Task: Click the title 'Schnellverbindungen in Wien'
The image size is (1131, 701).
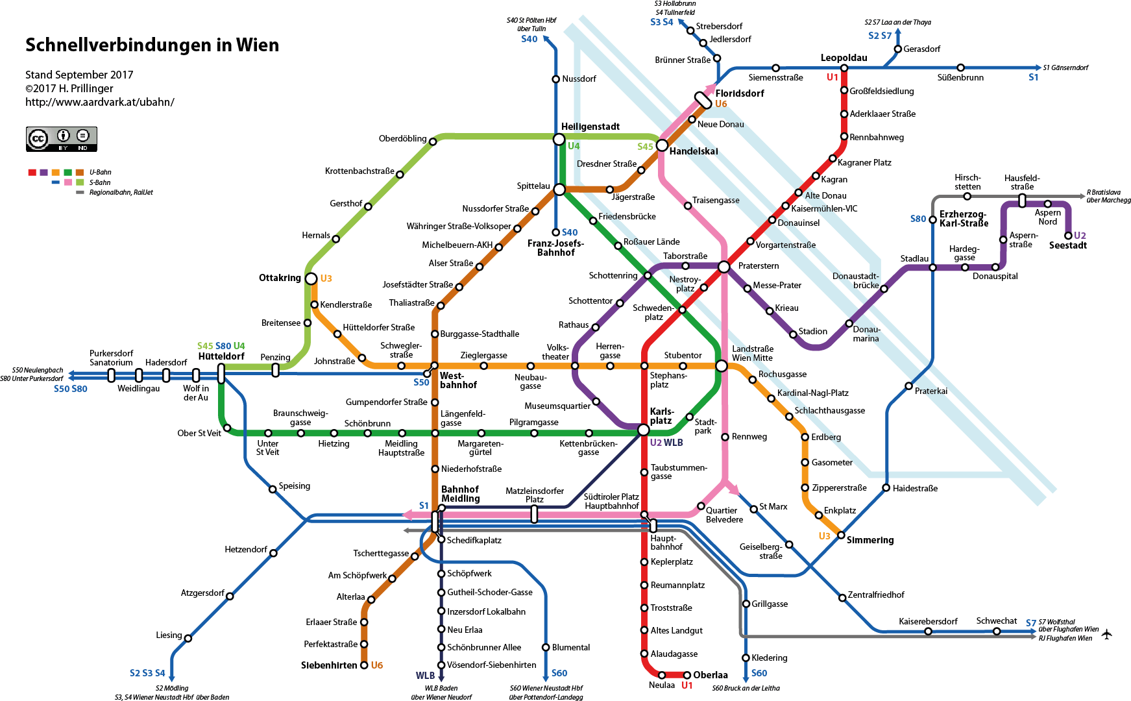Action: (152, 45)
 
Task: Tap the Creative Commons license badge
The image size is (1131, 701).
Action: (62, 139)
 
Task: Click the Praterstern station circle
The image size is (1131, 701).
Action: (724, 266)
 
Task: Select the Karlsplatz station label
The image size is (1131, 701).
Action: (662, 416)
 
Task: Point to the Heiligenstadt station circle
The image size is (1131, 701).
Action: (559, 140)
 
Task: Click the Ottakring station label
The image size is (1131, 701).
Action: (280, 278)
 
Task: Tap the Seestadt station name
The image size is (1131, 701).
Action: (1068, 245)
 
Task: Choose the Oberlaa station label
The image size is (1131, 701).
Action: (711, 675)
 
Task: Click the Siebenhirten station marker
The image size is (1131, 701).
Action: (364, 665)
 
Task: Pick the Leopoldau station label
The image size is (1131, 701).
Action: (844, 58)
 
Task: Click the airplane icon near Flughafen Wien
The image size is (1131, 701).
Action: (1106, 633)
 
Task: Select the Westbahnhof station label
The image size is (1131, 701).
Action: (458, 380)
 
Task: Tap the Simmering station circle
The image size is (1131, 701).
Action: (841, 535)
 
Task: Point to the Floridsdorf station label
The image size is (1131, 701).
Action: (740, 93)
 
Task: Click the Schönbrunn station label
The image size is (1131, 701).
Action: (367, 423)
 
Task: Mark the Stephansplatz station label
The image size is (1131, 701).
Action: (668, 380)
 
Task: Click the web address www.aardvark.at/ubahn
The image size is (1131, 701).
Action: (100, 102)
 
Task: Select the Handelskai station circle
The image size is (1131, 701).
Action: (662, 145)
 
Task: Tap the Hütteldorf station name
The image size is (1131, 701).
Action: (221, 356)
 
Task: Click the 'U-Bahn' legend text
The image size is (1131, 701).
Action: (101, 172)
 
